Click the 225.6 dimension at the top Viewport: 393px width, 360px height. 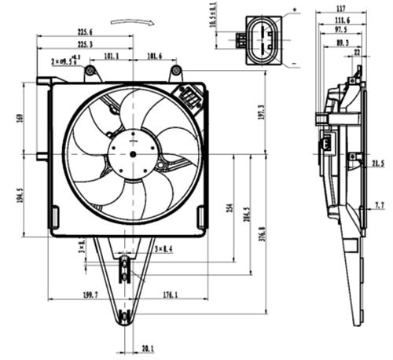click(x=85, y=32)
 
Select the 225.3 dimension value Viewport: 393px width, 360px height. click(x=85, y=46)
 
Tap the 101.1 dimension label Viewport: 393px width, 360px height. click(x=111, y=57)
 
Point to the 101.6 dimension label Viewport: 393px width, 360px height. click(x=155, y=57)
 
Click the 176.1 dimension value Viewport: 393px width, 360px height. click(x=170, y=295)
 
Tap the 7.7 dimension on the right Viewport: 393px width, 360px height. click(x=380, y=204)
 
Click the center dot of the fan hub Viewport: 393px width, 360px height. click(x=131, y=153)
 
